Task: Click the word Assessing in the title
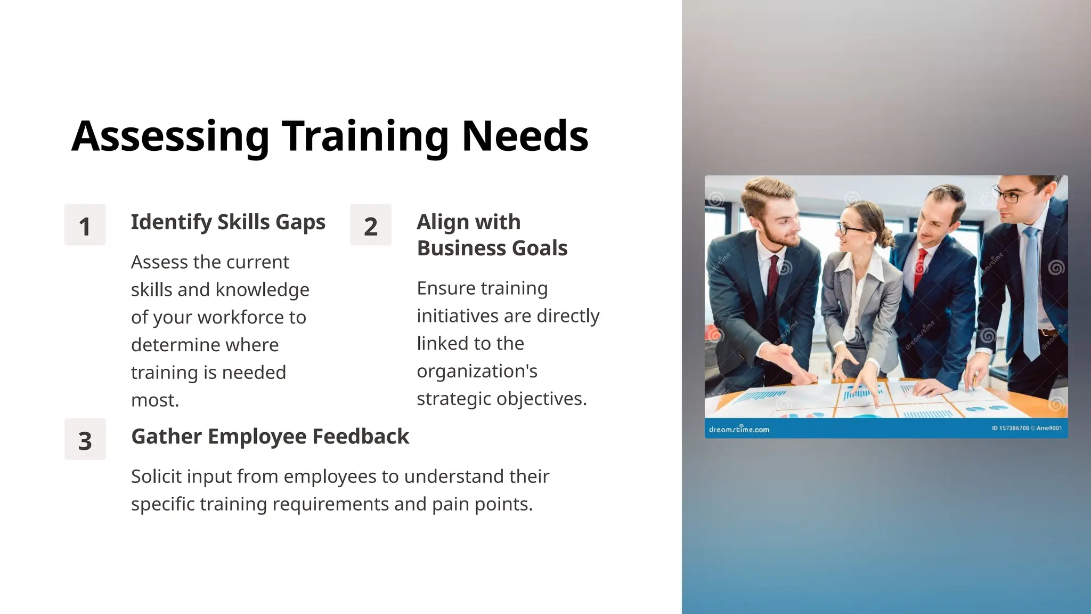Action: click(170, 136)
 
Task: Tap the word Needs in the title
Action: click(525, 136)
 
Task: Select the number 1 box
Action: click(85, 225)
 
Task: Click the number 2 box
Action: click(371, 225)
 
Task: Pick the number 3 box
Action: click(85, 439)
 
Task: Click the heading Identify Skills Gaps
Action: click(228, 222)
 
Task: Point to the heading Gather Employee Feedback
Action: click(270, 437)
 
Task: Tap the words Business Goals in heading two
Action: click(492, 248)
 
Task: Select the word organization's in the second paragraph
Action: click(477, 371)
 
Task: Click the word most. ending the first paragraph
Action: click(154, 400)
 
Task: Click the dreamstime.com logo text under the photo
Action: click(739, 429)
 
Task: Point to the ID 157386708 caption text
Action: click(1010, 428)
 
